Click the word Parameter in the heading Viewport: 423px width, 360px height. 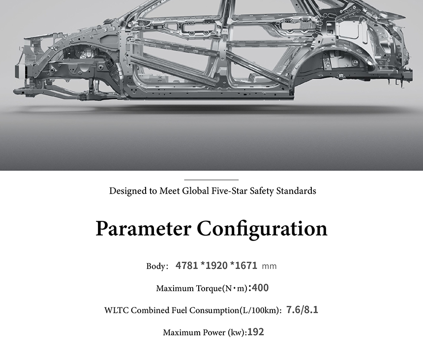143,229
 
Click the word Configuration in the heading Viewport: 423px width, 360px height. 262,229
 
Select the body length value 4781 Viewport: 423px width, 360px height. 186,266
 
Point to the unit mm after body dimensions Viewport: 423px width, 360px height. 269,267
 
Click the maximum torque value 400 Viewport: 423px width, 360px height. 259,288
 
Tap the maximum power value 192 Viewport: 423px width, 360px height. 256,332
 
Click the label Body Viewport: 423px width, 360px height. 157,267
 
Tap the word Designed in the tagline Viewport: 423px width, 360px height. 128,191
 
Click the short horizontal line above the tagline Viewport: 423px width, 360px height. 211,180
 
